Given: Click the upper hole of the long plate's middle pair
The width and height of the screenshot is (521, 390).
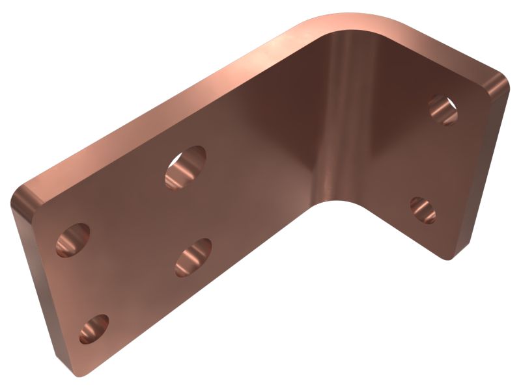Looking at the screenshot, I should (186, 167).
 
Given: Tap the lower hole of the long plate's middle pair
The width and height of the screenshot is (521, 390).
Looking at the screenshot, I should (193, 257).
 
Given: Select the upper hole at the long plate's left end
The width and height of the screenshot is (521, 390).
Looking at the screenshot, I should (73, 240).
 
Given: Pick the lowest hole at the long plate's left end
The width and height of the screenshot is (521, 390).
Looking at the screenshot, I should (94, 329).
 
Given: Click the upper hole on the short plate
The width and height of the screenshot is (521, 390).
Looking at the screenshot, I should (443, 109).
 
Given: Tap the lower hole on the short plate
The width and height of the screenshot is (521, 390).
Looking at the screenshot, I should (423, 209).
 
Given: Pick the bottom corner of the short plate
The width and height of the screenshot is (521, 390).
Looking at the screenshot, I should (449, 257).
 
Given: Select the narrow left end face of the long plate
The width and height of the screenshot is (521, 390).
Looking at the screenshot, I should (36, 286).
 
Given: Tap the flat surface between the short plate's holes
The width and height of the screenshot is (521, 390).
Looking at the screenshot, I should (433, 159).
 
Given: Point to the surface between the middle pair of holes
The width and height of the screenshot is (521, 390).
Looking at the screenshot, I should (190, 212).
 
